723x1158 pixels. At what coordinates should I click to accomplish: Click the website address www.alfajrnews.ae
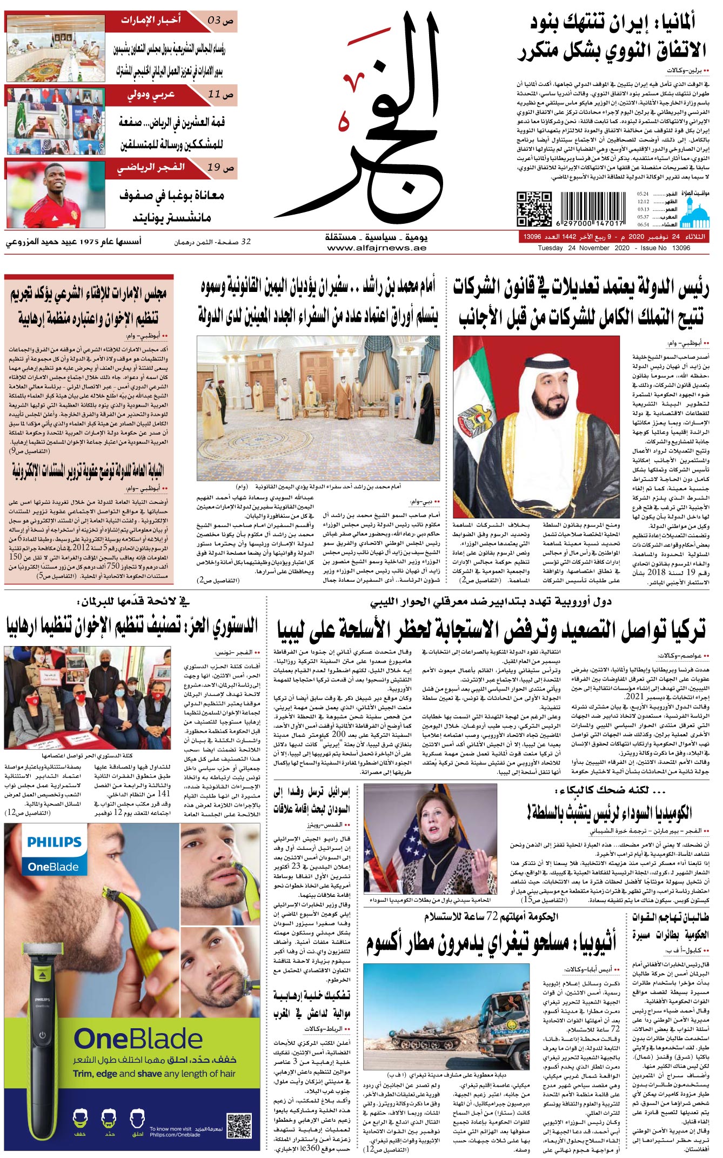click(376, 248)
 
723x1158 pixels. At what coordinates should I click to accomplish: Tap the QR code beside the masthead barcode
click(534, 209)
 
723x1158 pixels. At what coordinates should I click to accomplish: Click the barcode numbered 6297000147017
click(592, 209)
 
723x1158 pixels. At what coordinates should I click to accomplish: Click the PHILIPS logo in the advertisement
click(54, 842)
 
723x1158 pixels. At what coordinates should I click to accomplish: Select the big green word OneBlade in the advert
click(138, 1039)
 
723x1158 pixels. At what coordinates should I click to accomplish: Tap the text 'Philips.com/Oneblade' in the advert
click(175, 1135)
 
